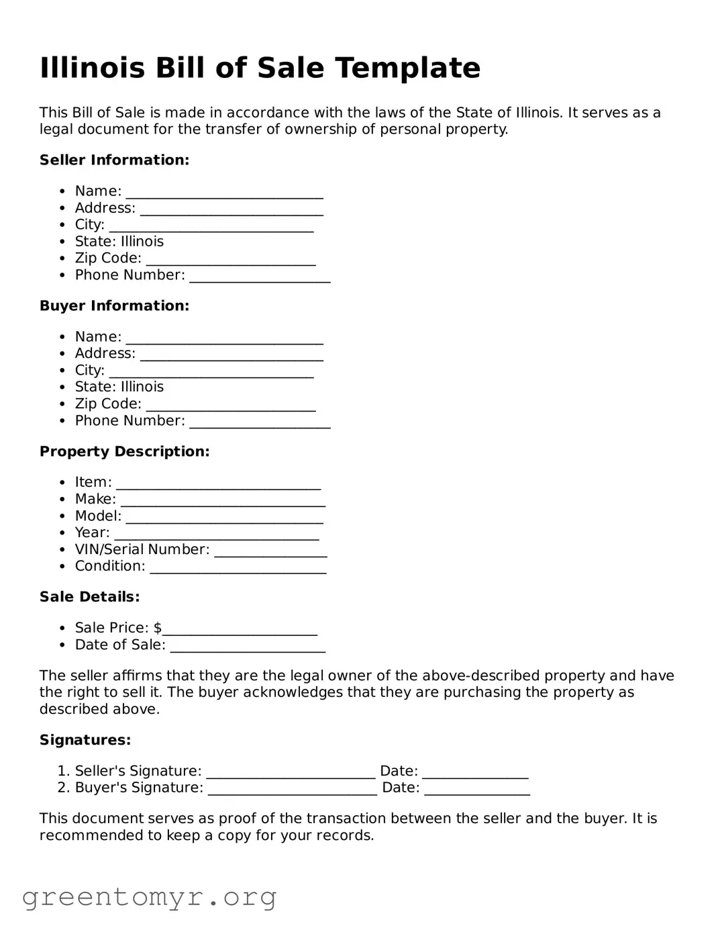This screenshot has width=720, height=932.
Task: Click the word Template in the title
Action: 407,68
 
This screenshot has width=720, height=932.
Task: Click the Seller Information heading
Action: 115,160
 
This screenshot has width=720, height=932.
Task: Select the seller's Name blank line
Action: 224,193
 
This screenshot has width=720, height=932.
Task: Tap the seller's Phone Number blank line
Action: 260,277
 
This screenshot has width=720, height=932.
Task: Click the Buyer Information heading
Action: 115,306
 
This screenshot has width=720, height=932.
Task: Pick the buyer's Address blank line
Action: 232,355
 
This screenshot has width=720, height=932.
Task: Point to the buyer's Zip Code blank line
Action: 230,406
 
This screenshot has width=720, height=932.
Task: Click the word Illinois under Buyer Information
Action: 142,387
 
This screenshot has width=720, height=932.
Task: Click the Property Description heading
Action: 125,451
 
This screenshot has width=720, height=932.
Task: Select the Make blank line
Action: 223,501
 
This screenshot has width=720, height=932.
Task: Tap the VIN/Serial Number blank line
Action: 270,551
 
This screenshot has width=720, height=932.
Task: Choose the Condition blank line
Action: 238,568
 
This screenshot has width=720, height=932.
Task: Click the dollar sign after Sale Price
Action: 158,628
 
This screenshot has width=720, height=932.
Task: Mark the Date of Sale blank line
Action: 248,647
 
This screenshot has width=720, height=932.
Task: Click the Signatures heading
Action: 85,740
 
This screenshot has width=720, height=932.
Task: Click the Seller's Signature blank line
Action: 291,773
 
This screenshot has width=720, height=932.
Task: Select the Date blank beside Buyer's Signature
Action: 477,790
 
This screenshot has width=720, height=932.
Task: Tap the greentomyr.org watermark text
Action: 149,897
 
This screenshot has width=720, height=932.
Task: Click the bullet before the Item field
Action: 62,483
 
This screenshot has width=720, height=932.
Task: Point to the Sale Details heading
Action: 90,597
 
